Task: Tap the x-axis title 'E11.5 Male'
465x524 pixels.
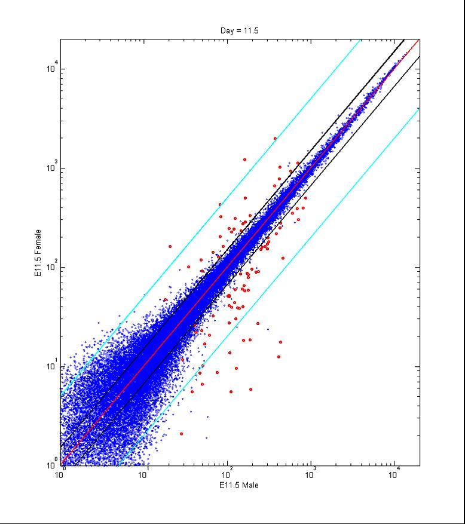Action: tap(240, 485)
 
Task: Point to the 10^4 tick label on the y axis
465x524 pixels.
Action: tap(52, 68)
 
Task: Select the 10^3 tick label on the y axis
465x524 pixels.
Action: tap(52, 167)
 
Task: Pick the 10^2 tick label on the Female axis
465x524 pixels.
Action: tap(52, 266)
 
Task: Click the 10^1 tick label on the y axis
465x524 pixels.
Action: tap(52, 366)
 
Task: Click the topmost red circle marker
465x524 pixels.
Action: tap(275, 138)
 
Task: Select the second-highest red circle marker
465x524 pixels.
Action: tap(244, 160)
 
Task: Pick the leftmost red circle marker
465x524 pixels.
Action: tap(170, 246)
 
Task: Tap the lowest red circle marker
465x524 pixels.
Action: tap(181, 434)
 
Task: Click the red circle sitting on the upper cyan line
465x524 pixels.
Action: tap(220, 204)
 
